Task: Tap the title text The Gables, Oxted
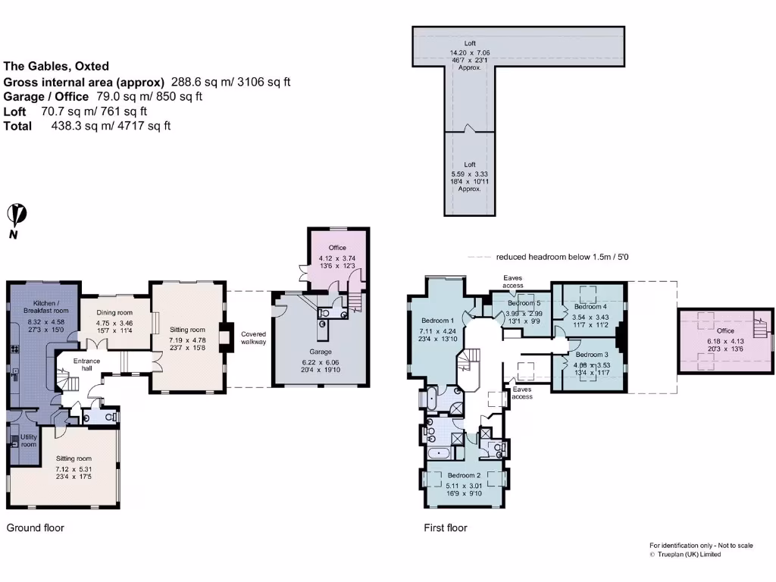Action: point(56,66)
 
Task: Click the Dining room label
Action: point(114,313)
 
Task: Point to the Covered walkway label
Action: point(254,338)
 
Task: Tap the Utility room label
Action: point(28,440)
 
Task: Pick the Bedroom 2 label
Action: point(465,475)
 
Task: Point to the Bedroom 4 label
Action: point(590,307)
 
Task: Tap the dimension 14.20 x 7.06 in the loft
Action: point(470,52)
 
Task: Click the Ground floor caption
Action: point(36,527)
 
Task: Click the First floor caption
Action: point(446,527)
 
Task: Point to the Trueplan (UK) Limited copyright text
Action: point(685,554)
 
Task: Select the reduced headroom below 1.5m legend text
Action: point(562,257)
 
